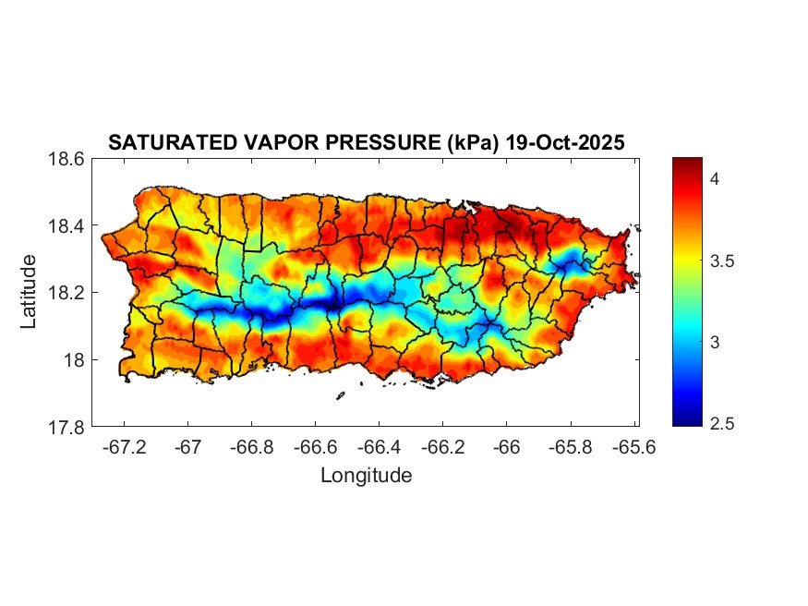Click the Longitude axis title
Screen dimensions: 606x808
(366, 476)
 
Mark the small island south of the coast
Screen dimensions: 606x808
(340, 395)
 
